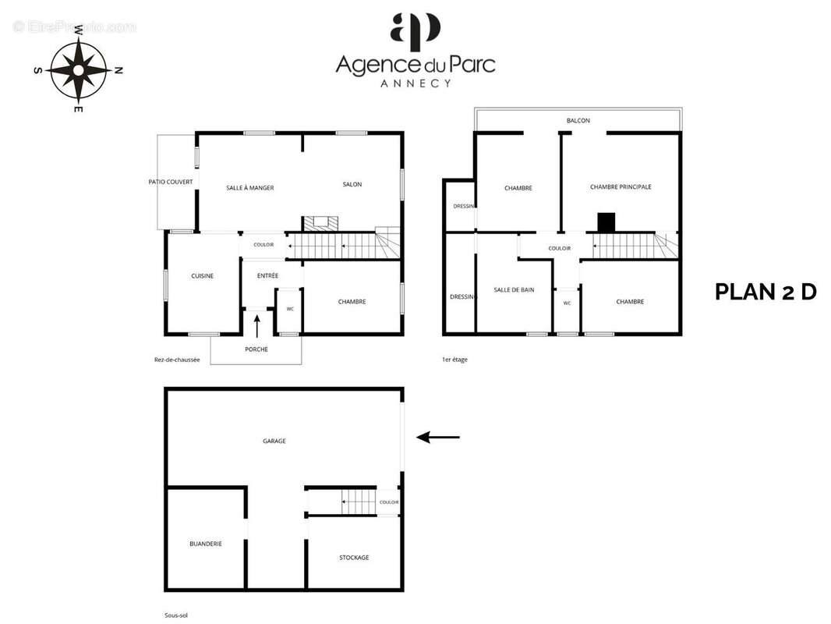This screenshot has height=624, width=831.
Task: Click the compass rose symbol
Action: [79, 69]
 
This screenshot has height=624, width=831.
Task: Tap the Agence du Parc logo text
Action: [415, 65]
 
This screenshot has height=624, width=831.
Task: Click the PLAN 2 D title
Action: [766, 292]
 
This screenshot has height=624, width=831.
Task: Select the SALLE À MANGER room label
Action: [250, 188]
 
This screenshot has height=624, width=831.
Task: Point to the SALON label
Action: [352, 185]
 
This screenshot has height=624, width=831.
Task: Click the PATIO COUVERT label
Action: [171, 182]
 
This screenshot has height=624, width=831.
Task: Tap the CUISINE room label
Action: [203, 275]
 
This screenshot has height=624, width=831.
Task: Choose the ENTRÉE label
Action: [267, 275]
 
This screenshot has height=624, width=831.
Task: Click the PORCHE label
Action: [256, 349]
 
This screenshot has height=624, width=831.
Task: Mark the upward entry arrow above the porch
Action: [257, 326]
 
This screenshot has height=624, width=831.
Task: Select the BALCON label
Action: [578, 121]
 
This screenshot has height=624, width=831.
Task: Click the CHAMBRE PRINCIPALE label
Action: [621, 186]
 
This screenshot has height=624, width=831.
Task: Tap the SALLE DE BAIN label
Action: [514, 290]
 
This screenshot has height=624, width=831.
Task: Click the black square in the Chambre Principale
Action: [606, 222]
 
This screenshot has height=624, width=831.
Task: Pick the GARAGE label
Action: [274, 441]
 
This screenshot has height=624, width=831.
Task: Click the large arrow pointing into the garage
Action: [438, 438]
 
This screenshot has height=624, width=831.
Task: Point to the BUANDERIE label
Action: [206, 544]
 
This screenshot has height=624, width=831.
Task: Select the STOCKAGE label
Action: [354, 558]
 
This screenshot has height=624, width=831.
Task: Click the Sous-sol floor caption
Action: [176, 615]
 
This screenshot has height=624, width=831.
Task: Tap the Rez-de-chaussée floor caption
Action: [177, 360]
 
